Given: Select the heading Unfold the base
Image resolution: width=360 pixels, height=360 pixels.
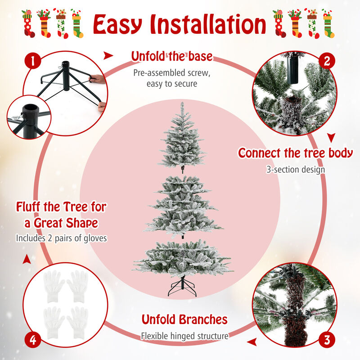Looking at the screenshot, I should click(171, 57).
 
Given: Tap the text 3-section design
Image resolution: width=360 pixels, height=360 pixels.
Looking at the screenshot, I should click(295, 170).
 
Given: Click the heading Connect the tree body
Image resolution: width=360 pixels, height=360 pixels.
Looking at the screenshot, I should click(295, 153).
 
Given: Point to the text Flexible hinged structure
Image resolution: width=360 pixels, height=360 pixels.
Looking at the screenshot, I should click(184, 336).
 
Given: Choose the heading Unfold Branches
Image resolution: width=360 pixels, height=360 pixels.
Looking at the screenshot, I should click(184, 319).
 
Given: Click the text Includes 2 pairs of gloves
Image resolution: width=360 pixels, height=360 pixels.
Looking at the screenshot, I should click(61, 238).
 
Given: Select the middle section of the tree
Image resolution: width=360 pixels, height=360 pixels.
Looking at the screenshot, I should click(182, 205).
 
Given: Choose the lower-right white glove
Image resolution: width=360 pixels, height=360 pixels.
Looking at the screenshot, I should click(79, 318).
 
